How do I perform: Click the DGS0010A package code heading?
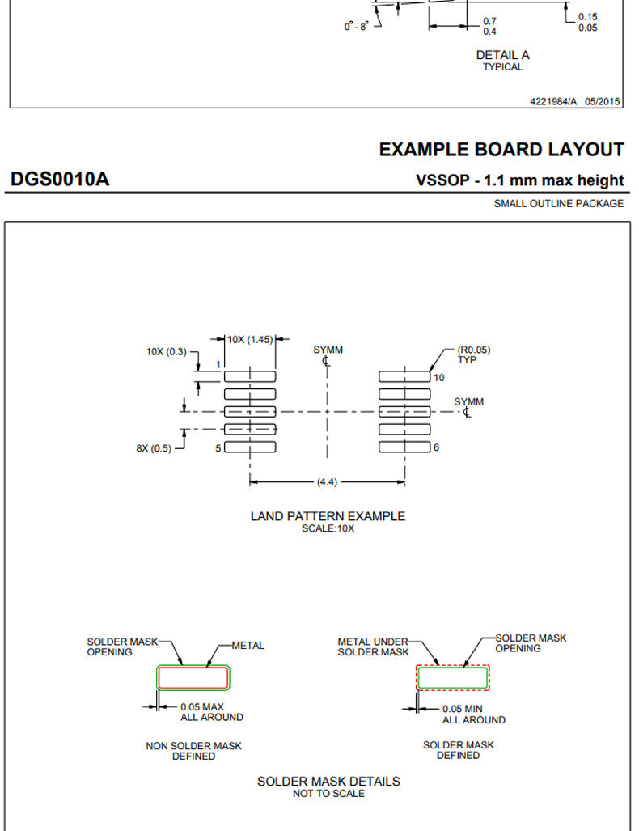(60, 179)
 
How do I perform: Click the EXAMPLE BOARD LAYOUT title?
(501, 150)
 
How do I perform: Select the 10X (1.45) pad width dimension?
(250, 339)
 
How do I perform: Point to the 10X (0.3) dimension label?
(167, 351)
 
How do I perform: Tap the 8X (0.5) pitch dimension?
(154, 448)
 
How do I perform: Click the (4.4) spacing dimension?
(327, 481)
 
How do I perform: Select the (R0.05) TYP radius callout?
(474, 354)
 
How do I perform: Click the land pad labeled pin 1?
(250, 377)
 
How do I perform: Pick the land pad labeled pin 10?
(404, 377)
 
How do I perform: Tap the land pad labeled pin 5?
(250, 447)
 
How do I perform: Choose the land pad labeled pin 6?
(404, 447)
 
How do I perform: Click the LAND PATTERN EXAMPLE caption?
(328, 516)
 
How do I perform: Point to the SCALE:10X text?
(328, 528)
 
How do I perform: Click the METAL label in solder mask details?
(248, 646)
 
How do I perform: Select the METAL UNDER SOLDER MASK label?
(373, 647)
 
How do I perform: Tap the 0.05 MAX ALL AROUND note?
(211, 712)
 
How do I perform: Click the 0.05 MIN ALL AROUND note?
(474, 714)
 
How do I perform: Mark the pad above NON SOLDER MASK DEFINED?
(193, 678)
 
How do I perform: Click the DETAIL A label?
(503, 55)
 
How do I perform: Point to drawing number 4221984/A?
(553, 101)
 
